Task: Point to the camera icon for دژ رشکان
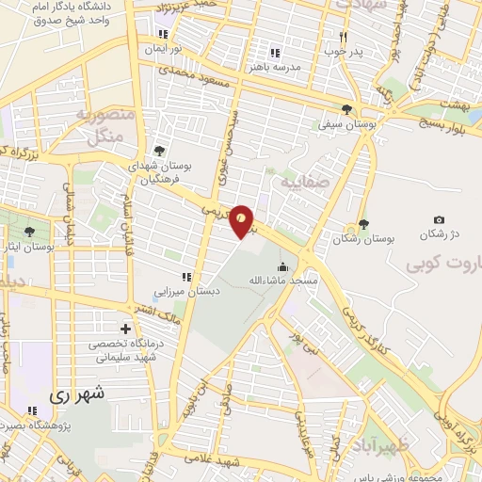point(439,219)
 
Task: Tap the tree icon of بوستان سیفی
point(347,108)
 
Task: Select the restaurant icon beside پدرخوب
point(344,37)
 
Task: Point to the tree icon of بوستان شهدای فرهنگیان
point(159,150)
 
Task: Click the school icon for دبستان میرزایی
point(186,277)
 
